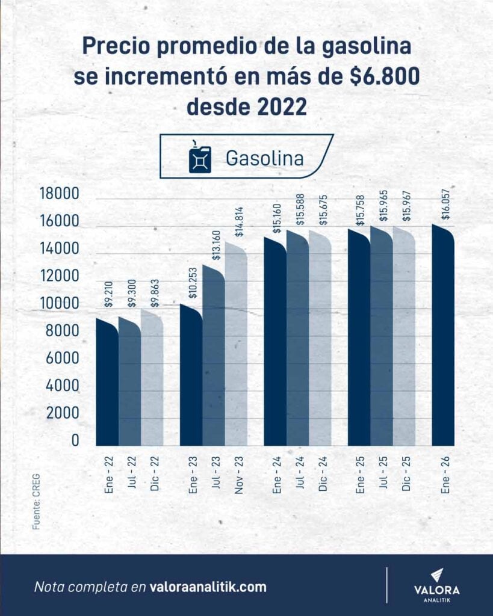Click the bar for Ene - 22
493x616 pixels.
(107, 385)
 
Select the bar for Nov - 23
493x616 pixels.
(237, 349)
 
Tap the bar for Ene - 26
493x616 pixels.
(443, 337)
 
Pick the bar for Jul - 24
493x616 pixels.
(297, 340)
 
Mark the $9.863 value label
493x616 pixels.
(154, 293)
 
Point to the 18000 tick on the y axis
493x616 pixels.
(59, 194)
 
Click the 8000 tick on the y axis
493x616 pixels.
(63, 331)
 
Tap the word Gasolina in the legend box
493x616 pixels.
(264, 158)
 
